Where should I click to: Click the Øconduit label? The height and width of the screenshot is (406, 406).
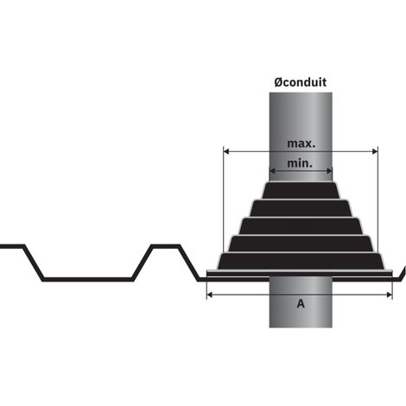pyautogui.click(x=301, y=82)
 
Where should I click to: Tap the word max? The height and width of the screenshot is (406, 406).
pyautogui.click(x=301, y=143)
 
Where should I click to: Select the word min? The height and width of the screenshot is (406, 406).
pyautogui.click(x=300, y=163)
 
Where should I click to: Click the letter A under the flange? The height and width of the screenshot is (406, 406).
pyautogui.click(x=301, y=303)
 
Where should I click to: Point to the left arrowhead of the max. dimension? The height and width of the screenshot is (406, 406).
pyautogui.click(x=226, y=151)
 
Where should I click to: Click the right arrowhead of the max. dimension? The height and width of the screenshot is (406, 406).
pyautogui.click(x=375, y=151)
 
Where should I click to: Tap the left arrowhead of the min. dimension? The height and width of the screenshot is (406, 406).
pyautogui.click(x=272, y=171)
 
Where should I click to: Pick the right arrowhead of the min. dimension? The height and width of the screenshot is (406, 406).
pyautogui.click(x=329, y=171)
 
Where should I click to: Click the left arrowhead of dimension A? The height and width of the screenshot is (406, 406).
pyautogui.click(x=210, y=295)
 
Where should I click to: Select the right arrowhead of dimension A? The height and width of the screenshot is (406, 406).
pyautogui.click(x=390, y=295)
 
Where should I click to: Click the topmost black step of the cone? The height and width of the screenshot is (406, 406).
pyautogui.click(x=301, y=190)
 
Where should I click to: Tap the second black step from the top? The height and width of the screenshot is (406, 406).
pyautogui.click(x=301, y=208)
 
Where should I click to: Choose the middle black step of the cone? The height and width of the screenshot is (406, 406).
pyautogui.click(x=301, y=226)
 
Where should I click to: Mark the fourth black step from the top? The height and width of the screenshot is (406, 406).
pyautogui.click(x=301, y=244)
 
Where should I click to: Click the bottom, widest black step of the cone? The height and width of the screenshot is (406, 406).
pyautogui.click(x=301, y=261)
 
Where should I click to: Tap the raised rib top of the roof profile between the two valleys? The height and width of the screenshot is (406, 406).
pyautogui.click(x=166, y=246)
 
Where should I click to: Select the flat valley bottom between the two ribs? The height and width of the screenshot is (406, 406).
pyautogui.click(x=88, y=279)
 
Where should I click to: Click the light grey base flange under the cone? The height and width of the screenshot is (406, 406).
pyautogui.click(x=300, y=271)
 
